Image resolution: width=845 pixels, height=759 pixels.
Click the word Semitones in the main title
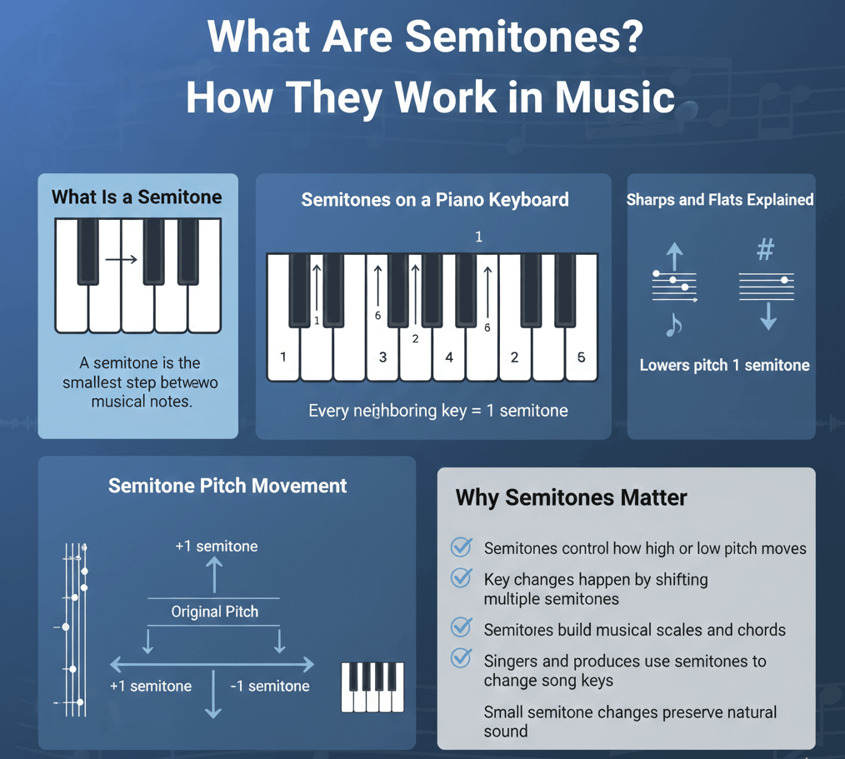524,37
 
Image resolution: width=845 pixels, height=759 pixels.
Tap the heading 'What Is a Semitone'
137,197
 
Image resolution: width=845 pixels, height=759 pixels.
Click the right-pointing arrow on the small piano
122,260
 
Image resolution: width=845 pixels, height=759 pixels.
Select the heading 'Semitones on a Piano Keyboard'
435,200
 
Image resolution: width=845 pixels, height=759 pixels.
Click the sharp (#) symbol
766,249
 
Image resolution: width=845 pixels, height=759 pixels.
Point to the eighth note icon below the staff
673,324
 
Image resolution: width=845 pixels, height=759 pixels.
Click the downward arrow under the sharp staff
768,317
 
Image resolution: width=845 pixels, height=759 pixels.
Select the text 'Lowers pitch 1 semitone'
725,365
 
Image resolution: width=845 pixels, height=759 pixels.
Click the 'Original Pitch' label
214,612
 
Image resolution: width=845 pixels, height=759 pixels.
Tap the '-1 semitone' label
270,686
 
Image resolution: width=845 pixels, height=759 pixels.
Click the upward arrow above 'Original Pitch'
214,575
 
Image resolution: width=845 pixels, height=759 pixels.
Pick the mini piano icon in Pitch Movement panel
372,687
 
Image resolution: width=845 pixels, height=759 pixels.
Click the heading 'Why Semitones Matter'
571,497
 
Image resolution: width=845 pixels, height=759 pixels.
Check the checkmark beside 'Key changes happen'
462,578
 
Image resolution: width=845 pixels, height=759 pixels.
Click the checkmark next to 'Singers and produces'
462,658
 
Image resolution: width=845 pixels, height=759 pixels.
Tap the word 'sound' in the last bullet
506,732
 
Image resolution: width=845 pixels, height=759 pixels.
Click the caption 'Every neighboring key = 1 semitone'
438,411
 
